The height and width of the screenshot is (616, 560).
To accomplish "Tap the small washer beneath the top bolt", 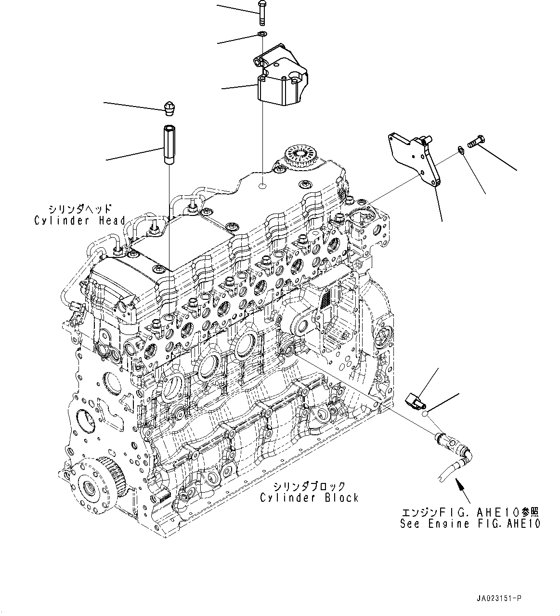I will tap(261, 34).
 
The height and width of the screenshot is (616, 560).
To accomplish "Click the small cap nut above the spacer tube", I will tap(169, 108).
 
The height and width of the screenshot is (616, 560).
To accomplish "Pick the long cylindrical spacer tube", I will tap(169, 145).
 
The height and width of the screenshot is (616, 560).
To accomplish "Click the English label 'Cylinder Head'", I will tap(79, 221).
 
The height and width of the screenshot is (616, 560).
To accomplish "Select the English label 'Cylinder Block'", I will tap(309, 498).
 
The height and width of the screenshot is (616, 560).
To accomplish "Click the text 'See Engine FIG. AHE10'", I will tap(470, 524).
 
